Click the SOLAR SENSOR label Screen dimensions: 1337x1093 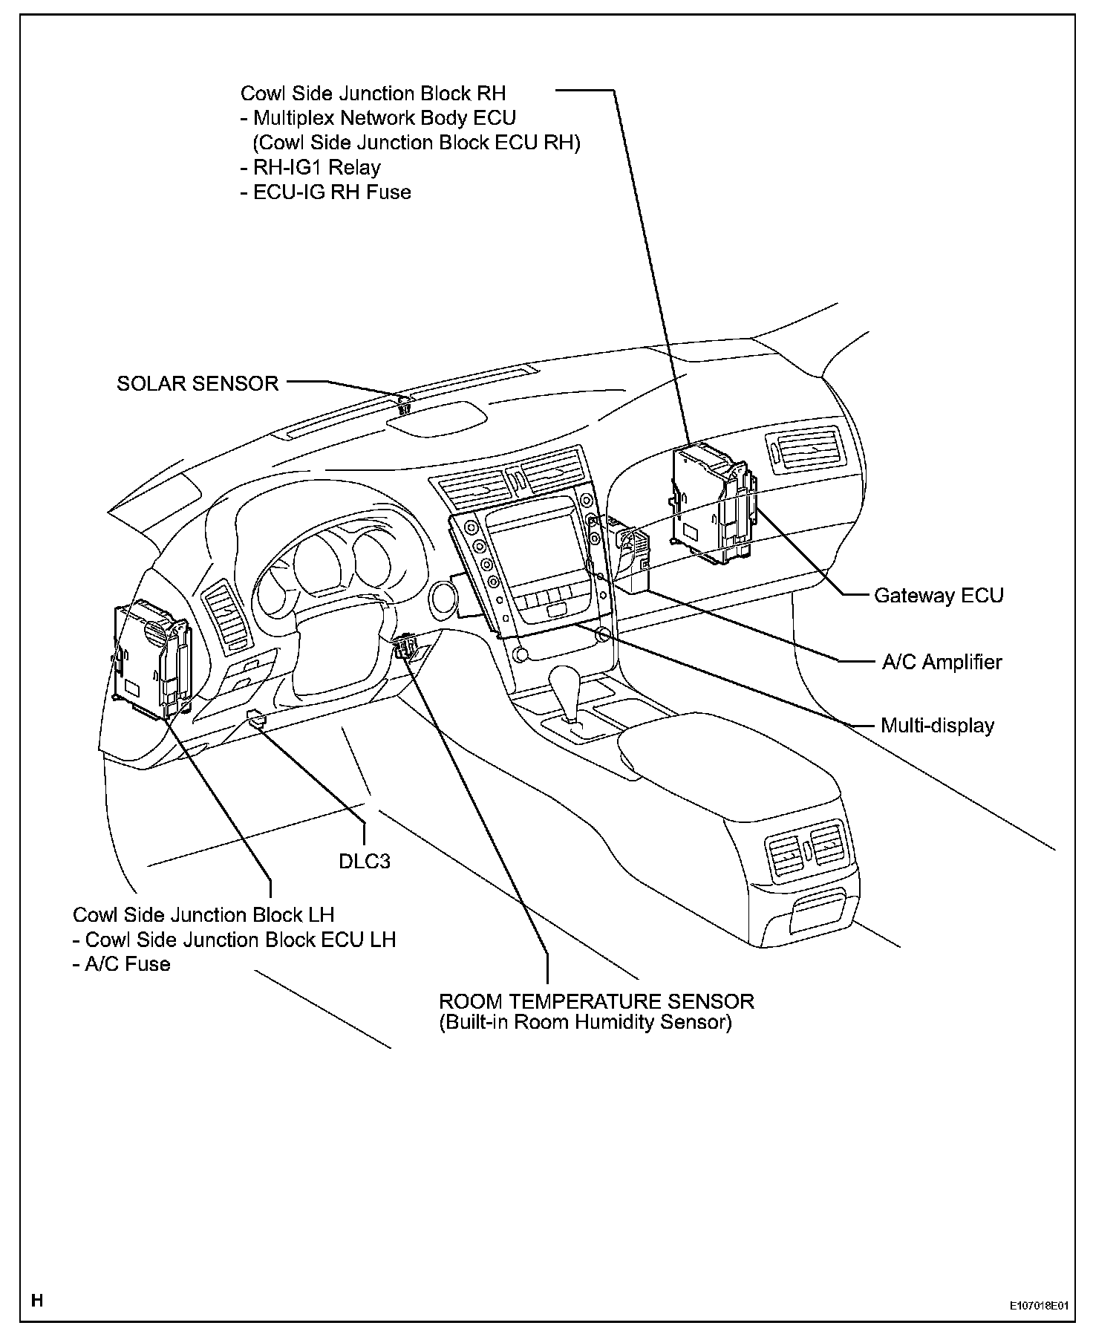pos(198,383)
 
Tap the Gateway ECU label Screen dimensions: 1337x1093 pos(939,596)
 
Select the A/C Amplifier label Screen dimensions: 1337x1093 pos(942,662)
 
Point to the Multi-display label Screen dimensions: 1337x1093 pos(937,726)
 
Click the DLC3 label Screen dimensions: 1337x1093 pos(364,861)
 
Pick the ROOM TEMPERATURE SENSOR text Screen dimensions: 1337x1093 pos(596,1001)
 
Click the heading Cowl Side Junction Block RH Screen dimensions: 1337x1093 pos(373,94)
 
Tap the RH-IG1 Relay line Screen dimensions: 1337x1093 pos(310,167)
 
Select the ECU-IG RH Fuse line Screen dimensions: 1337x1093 pos(326,192)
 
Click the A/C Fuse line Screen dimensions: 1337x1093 pos(122,964)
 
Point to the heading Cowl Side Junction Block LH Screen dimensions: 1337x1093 pos(203,914)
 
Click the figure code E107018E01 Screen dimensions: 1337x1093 pos(1037,1304)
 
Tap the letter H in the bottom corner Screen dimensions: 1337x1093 pos(37,1301)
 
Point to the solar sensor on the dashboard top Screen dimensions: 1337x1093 pos(405,405)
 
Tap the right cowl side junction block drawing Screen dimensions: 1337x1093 pos(713,502)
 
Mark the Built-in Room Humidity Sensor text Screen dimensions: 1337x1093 pos(585,1023)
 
